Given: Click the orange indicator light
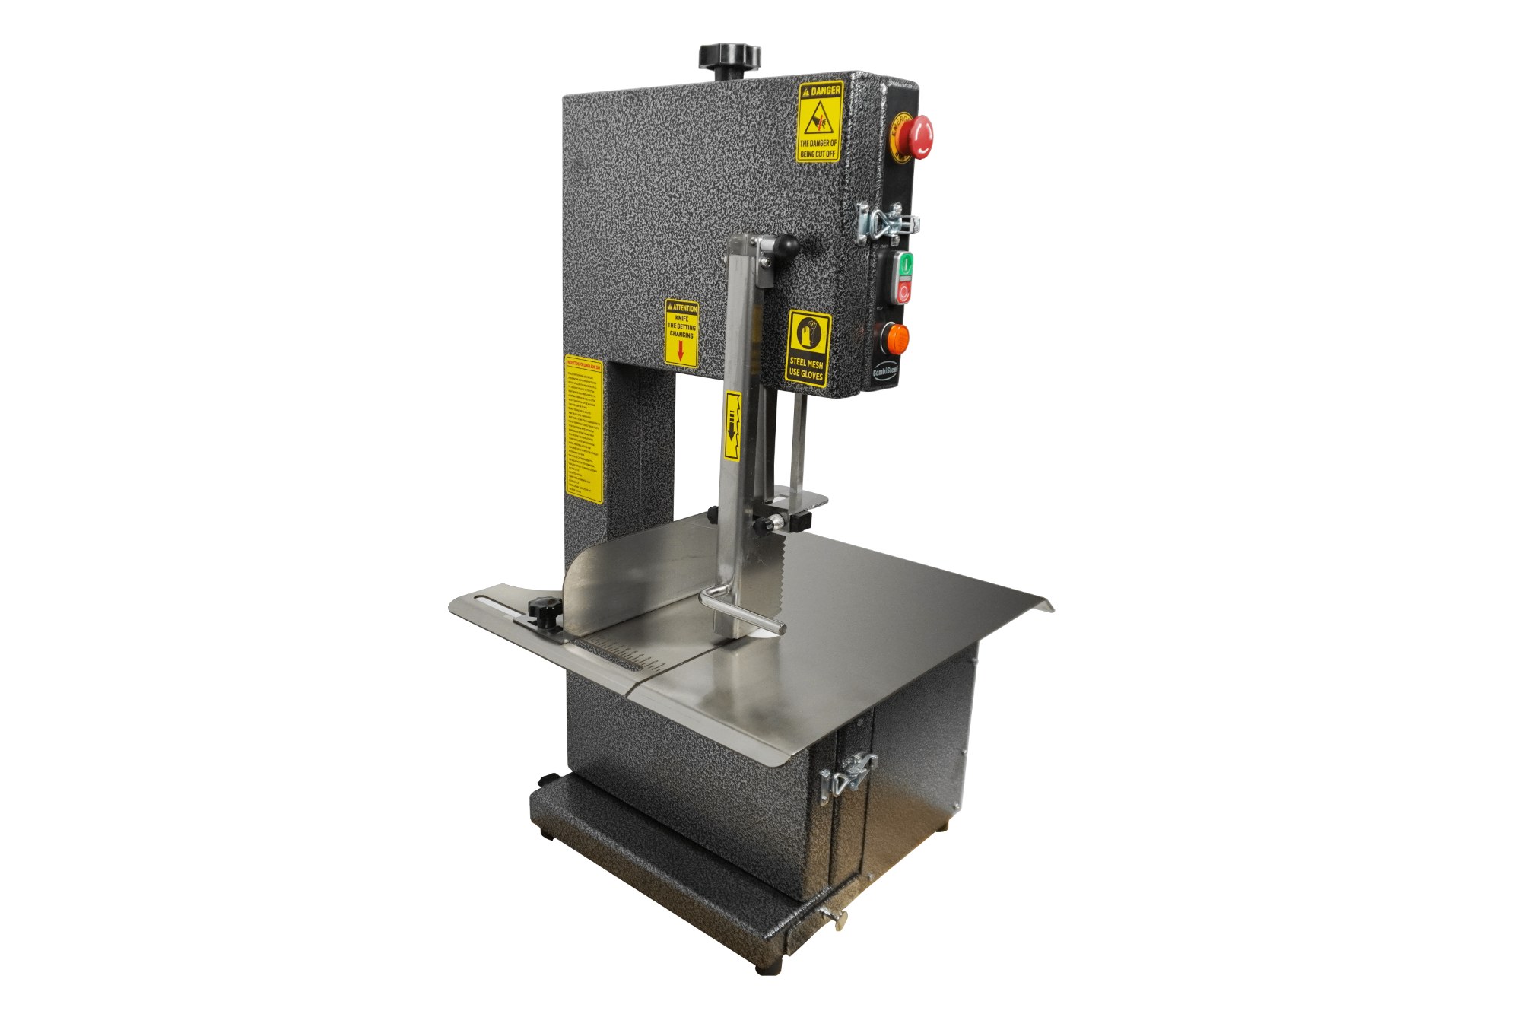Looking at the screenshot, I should [x=897, y=339].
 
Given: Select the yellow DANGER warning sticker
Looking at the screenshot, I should [x=819, y=122].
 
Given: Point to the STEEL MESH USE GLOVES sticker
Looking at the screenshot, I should [x=807, y=348].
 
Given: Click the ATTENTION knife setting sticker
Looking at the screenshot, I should [x=681, y=333].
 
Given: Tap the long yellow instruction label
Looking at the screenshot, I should [x=583, y=429].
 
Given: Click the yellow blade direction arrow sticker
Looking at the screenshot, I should [x=732, y=426].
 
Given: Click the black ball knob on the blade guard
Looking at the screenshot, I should [x=785, y=246].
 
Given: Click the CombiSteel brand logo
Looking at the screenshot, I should [x=884, y=372].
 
